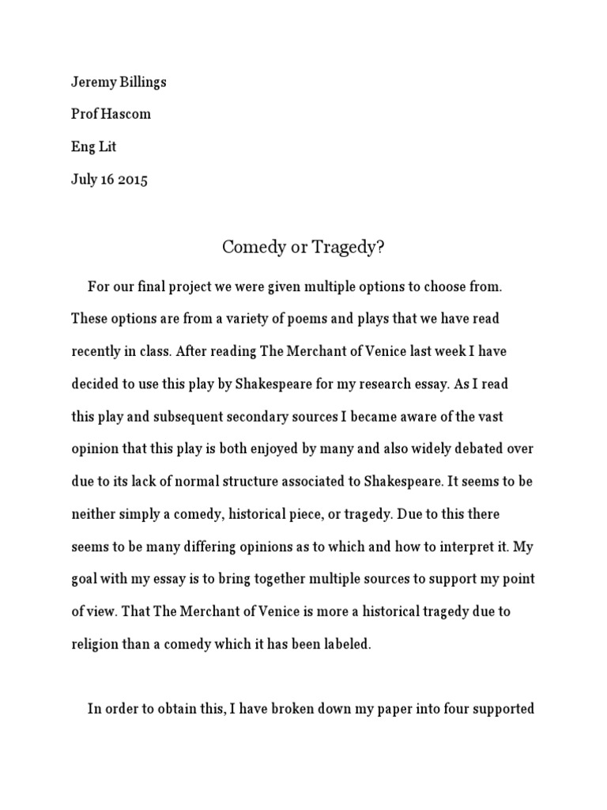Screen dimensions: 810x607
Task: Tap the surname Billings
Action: click(143, 82)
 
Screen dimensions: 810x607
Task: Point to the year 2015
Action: click(131, 179)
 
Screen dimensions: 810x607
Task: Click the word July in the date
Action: click(84, 179)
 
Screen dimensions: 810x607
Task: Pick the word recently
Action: click(98, 351)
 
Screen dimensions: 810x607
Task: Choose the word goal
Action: click(85, 579)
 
